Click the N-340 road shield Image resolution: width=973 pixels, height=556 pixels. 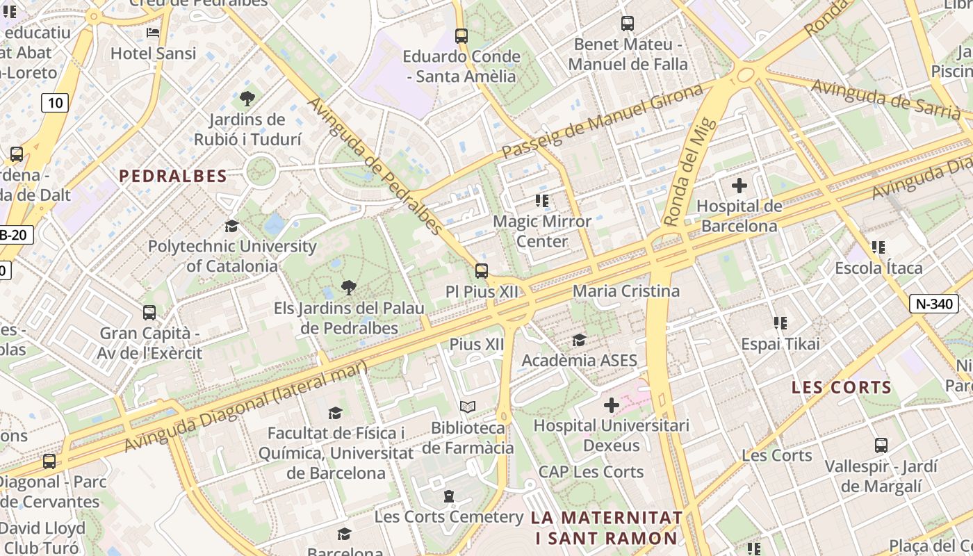click(934, 304)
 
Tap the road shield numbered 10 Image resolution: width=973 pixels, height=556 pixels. click(55, 104)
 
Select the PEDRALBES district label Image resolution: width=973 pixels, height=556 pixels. click(173, 177)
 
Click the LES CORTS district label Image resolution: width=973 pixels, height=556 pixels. click(841, 388)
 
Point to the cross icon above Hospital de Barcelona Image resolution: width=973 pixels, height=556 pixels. click(739, 186)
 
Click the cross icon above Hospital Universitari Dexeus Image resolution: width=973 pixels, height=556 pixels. click(612, 405)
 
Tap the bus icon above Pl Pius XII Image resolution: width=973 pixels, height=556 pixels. click(481, 271)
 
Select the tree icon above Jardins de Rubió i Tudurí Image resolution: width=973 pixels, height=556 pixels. click(247, 99)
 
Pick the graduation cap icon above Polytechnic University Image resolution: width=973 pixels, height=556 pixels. click(231, 226)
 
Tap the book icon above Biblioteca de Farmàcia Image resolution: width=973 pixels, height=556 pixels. click(468, 407)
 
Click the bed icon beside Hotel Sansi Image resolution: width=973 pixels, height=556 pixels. click(153, 33)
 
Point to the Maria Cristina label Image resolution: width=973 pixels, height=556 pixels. click(625, 291)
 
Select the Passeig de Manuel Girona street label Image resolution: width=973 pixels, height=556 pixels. click(602, 121)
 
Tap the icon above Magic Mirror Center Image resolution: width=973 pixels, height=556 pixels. click(542, 201)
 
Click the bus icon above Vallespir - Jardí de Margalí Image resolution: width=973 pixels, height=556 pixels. click(881, 445)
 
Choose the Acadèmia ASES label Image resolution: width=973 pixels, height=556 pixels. click(579, 360)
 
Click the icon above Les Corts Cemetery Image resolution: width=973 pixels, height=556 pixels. click(449, 496)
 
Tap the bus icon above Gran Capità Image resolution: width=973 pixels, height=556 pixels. click(149, 313)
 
